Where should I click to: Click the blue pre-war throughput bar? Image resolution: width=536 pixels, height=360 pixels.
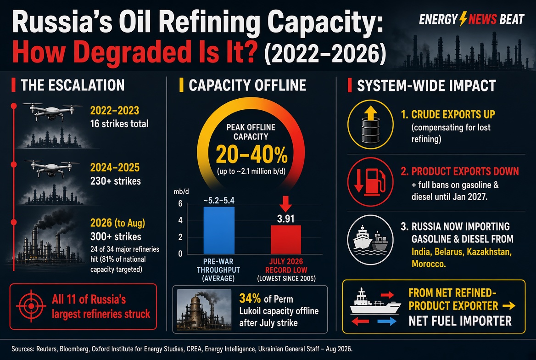pos(219,231)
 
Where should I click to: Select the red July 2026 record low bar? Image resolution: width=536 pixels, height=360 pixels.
pos(286,240)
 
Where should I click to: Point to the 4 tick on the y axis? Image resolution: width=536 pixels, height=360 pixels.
pos(180,220)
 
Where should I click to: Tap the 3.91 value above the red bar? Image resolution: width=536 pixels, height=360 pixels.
pos(285,219)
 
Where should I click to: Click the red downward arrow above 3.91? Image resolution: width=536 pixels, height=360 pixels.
pos(285,203)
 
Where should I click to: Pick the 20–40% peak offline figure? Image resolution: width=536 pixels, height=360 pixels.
pos(251,155)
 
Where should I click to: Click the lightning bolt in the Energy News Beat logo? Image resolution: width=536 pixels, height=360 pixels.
pos(463,19)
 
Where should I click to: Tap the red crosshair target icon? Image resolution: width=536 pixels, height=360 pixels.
pos(31,306)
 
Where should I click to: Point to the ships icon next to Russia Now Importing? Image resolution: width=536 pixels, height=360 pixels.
pos(370,240)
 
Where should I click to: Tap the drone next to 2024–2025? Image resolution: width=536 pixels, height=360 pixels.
pos(52,169)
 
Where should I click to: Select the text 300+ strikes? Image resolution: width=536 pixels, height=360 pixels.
pos(116,236)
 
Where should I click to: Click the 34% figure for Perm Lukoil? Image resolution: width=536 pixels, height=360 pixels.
pos(250,298)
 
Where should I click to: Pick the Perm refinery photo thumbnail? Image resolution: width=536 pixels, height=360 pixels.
pos(204,309)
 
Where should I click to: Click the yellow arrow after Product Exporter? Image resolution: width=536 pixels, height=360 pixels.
pos(509,306)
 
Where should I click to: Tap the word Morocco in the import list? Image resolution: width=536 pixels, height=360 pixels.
pos(428,264)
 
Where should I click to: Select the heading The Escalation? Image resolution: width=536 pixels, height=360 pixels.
pos(73,85)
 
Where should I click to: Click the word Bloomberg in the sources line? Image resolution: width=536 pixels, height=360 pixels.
pos(74,349)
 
